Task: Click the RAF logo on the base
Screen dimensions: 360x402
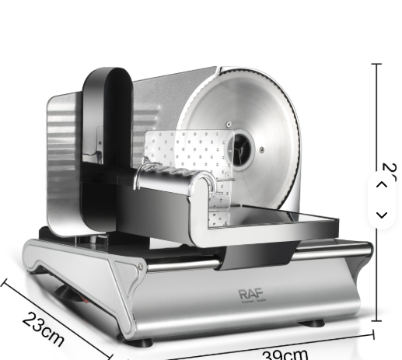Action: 251,294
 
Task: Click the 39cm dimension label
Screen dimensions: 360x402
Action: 285,355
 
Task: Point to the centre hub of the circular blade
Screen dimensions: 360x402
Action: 241,145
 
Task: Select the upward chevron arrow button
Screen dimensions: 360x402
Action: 381,185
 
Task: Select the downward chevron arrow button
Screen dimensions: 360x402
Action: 381,215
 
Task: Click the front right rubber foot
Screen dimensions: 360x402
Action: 312,323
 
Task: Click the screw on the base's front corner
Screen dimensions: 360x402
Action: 141,267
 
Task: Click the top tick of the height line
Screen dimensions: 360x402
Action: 377,65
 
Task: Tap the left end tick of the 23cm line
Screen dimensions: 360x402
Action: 5,282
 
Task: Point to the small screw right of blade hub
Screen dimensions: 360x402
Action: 262,150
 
